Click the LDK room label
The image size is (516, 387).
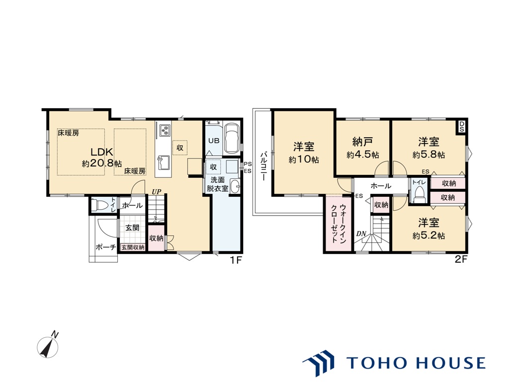(102, 152)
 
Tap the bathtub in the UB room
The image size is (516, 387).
(232, 138)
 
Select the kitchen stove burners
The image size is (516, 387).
(165, 130)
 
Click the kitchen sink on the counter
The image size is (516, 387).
(163, 162)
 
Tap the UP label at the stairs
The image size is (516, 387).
(156, 191)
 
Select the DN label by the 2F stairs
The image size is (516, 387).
(361, 234)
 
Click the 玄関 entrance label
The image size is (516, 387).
(132, 228)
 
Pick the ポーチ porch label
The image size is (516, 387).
(105, 247)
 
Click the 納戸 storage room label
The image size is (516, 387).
(362, 142)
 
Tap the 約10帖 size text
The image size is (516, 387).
(304, 160)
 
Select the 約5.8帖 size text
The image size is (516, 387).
(429, 155)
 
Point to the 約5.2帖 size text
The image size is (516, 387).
(429, 236)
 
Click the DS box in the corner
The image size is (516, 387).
(462, 127)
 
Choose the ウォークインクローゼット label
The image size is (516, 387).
(339, 224)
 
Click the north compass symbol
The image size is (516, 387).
(48, 346)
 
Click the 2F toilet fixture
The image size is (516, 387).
(419, 194)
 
